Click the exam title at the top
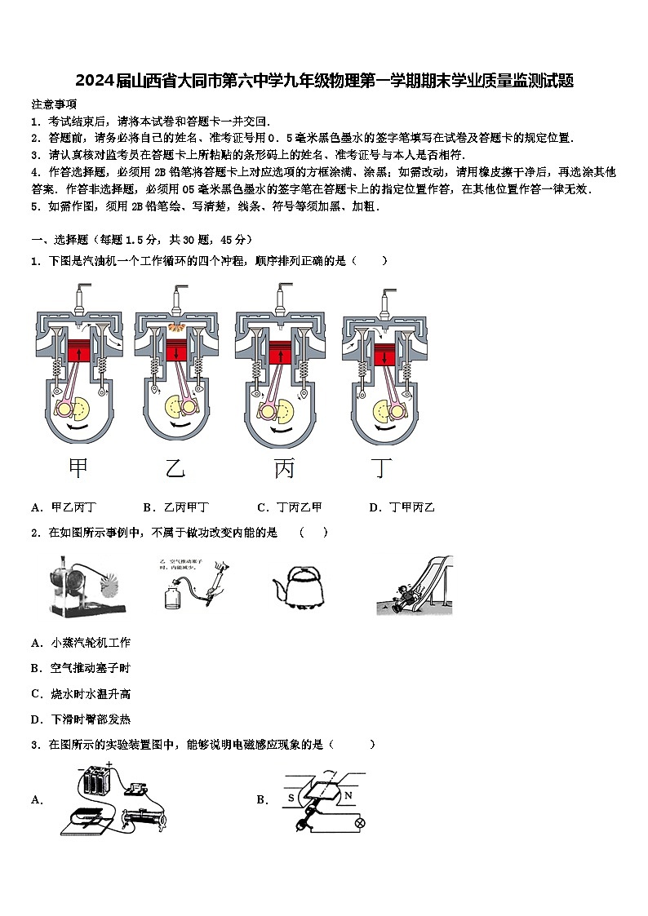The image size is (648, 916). coord(324,81)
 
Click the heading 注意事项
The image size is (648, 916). coord(54,104)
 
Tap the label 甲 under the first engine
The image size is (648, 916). coord(78,467)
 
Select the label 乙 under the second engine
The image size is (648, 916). coord(175,467)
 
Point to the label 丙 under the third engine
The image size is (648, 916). coord(284,467)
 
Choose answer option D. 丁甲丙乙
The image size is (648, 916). coord(402,507)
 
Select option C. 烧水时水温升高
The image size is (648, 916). coord(80,694)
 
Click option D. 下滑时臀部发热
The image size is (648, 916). coord(80,719)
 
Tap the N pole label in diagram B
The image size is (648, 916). coord(347,795)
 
